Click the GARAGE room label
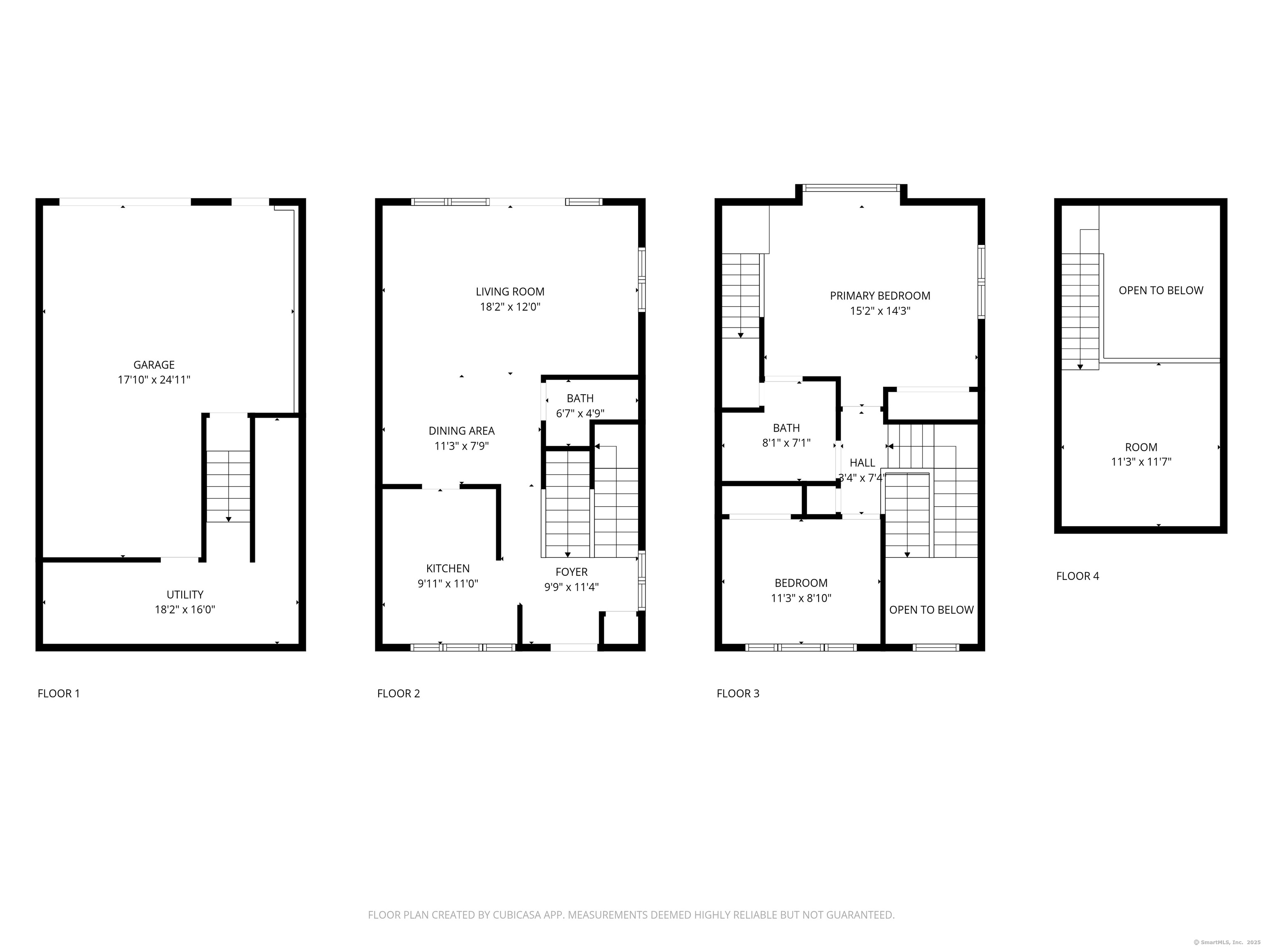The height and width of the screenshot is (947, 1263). pos(154,365)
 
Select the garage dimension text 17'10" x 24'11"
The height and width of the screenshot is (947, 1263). pos(154,380)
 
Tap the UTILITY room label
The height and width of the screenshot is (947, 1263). pos(185,595)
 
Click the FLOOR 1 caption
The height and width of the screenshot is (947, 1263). pos(58,693)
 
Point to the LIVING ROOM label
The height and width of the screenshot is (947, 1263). pos(510,292)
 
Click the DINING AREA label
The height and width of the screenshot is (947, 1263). pos(461,431)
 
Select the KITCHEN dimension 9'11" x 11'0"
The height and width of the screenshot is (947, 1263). pos(448,583)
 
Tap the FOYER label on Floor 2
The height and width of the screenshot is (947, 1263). pos(571,572)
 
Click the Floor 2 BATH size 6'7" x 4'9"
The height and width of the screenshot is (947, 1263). pos(580,413)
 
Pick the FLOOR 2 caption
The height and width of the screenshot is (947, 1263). pos(398,693)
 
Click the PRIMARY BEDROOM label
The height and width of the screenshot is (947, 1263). pos(879,296)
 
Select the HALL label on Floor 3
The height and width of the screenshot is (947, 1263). pos(862,463)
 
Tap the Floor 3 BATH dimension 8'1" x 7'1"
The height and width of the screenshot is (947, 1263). pos(786,442)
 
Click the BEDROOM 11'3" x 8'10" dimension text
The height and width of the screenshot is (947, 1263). pos(800,598)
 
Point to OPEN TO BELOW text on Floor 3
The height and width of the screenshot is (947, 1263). pos(931,610)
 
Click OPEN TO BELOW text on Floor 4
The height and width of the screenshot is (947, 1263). pos(1160,291)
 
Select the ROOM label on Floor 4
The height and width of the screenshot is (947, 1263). pos(1141,448)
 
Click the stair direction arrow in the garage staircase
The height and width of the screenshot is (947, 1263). pos(229,519)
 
